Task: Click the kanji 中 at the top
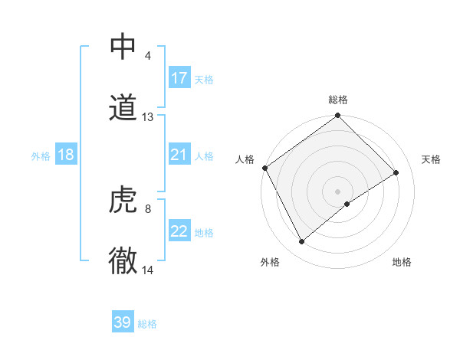pos(123,47)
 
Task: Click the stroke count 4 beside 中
pos(147,56)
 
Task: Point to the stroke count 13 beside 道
pos(148,117)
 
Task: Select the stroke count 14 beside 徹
pos(148,270)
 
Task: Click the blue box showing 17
pos(179,78)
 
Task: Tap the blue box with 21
pos(179,155)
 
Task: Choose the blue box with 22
pos(179,231)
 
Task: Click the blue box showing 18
pos(66,155)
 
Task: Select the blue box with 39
pos(123,322)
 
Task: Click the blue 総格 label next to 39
pos(148,324)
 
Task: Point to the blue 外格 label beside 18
pos(41,155)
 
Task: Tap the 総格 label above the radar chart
pos(338,100)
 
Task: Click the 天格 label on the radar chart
pos(431,159)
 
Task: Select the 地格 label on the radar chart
pos(402,262)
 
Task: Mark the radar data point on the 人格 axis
pos(264,168)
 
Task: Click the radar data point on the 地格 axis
pos(347,204)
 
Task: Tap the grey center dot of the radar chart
pos(338,191)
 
